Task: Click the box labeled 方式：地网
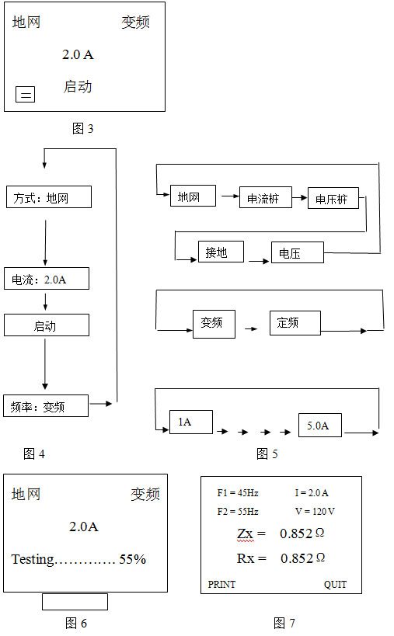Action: point(49,197)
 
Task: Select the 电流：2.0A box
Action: point(47,279)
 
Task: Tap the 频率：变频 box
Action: point(45,405)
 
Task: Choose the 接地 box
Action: point(221,252)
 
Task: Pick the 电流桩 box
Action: point(265,197)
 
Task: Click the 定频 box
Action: point(295,323)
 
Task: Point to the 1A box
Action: point(190,422)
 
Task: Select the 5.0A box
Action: point(319,425)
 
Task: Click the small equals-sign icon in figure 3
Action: point(25,95)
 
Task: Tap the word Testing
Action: point(33,560)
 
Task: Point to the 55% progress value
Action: point(132,559)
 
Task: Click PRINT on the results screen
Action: point(221,585)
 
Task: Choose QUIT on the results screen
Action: point(335,585)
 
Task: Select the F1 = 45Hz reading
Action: point(238,493)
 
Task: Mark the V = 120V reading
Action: point(315,512)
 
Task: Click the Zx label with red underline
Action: point(246,533)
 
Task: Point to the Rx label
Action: point(246,558)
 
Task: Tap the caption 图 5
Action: point(267,454)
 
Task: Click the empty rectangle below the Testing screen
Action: point(75,602)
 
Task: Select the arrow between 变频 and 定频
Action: point(252,328)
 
